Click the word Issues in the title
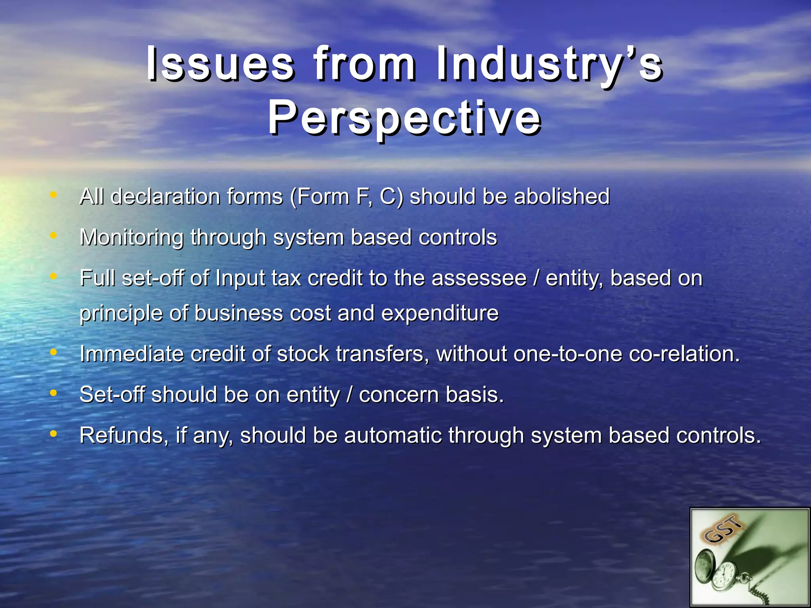point(220,63)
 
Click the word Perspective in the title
point(405,118)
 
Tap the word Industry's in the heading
point(549,63)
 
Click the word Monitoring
point(131,237)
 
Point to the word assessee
point(479,278)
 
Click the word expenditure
point(440,313)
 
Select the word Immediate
point(131,353)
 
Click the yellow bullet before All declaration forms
point(53,195)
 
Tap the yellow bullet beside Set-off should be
point(53,393)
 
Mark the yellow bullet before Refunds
point(53,434)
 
